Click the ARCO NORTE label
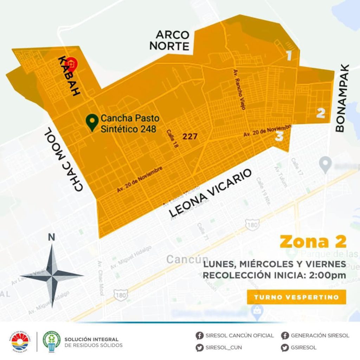(x=172, y=40)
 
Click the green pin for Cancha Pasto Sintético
(x=92, y=122)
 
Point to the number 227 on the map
(x=190, y=136)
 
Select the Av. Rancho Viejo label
(x=239, y=89)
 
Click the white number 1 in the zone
(x=289, y=56)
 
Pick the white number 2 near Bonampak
(x=320, y=113)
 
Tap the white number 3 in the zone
(x=279, y=136)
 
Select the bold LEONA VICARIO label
(x=211, y=193)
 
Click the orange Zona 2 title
(x=313, y=242)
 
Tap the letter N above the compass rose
(x=52, y=238)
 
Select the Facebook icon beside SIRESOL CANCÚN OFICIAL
(x=200, y=335)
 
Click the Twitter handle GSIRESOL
(x=303, y=348)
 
